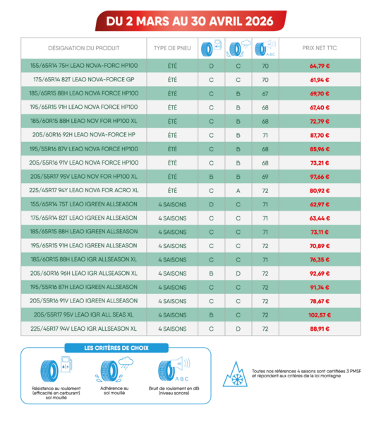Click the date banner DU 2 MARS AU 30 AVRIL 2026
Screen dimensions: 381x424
click(x=190, y=21)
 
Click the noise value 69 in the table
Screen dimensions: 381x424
click(x=265, y=176)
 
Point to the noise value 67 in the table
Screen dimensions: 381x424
click(x=265, y=93)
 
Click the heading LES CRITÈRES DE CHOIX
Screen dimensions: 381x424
click(x=116, y=348)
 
